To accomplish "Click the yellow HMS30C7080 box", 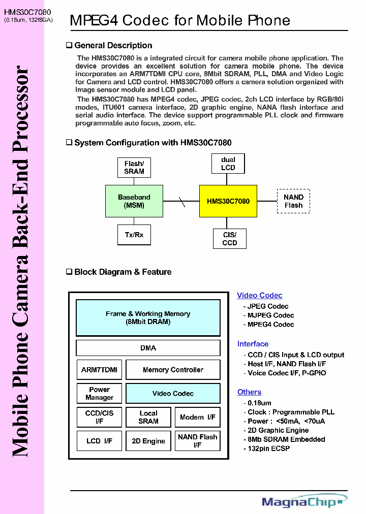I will (x=228, y=201).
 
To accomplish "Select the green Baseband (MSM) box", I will (x=134, y=201).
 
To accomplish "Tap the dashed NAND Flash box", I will (x=293, y=201).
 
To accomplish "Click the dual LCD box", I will (x=228, y=164).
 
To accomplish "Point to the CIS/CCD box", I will (x=230, y=239).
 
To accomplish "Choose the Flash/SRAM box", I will (x=134, y=167).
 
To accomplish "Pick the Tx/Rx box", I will (x=134, y=235).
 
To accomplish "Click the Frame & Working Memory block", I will (x=148, y=317).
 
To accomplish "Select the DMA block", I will (x=148, y=348).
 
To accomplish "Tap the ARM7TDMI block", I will (x=99, y=370).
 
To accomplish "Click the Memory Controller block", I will (x=173, y=370).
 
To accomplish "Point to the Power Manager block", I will (x=99, y=394).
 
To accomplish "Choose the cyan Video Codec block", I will (x=173, y=394).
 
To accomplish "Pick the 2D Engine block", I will (x=148, y=441).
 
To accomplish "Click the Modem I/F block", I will (x=198, y=417).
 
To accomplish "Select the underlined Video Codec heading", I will (x=260, y=296).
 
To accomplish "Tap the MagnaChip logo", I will (x=304, y=502).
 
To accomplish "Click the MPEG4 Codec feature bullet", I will (x=270, y=325).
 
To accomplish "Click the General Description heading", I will (x=113, y=46).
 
